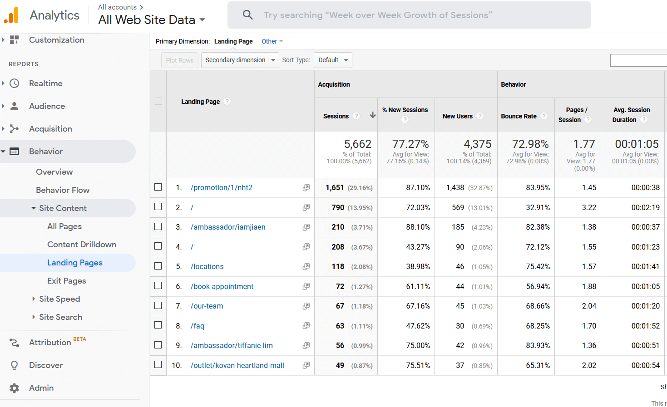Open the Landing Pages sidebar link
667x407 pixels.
(x=75, y=263)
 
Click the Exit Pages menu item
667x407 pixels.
(x=67, y=281)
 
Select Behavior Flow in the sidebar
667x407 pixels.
(x=63, y=190)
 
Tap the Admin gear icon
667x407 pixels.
(x=15, y=388)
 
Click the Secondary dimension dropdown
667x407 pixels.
(x=240, y=60)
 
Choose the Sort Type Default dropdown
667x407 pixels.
(x=333, y=60)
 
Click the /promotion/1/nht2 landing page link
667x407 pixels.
(x=222, y=188)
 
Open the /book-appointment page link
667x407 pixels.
(x=222, y=287)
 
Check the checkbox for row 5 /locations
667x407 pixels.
(x=158, y=266)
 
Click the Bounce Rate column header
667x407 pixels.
(x=519, y=116)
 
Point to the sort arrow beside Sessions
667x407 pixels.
(x=373, y=115)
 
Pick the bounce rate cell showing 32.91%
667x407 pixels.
(x=538, y=207)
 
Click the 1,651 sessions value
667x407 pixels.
(x=335, y=188)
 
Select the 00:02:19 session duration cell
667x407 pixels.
(x=645, y=207)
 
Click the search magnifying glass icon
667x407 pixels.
(x=247, y=15)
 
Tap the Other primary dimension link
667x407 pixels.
(x=269, y=41)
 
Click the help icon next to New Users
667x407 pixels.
(x=480, y=116)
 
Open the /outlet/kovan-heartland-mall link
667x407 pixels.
(x=237, y=366)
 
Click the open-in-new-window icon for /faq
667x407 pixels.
(x=306, y=326)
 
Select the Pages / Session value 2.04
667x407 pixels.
(x=589, y=306)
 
